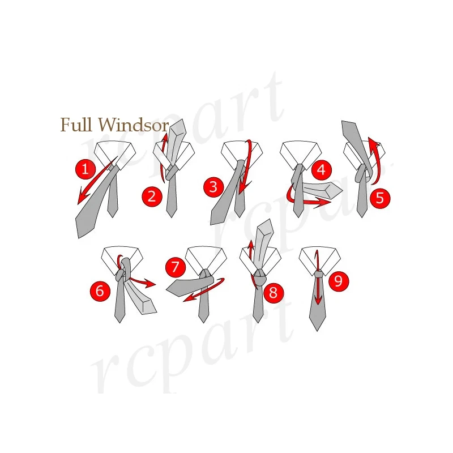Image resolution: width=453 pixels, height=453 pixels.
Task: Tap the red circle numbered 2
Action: [x=151, y=196]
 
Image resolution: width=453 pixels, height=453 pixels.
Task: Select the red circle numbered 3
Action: [x=213, y=186]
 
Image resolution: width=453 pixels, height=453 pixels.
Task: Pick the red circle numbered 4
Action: [x=321, y=169]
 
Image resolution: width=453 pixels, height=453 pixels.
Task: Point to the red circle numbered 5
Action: [x=380, y=198]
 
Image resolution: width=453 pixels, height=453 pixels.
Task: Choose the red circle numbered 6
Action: [x=100, y=291]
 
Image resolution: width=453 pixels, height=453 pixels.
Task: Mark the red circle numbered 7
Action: [x=176, y=267]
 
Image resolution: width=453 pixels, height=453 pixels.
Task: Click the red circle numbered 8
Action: [x=273, y=292]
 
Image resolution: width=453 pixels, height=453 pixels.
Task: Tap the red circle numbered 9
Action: [x=339, y=281]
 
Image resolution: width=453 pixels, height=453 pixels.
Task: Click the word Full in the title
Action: [x=77, y=125]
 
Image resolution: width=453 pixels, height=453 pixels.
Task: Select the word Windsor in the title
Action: [x=134, y=125]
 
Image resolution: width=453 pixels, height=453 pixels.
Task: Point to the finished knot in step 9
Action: [x=319, y=275]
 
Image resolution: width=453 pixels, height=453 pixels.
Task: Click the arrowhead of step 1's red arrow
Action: [x=81, y=198]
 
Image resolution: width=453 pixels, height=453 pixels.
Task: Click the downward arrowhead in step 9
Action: [x=318, y=300]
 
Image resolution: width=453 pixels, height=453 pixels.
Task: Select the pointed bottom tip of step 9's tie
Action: [x=317, y=330]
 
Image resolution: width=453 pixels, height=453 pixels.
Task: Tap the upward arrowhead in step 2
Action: [x=165, y=136]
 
